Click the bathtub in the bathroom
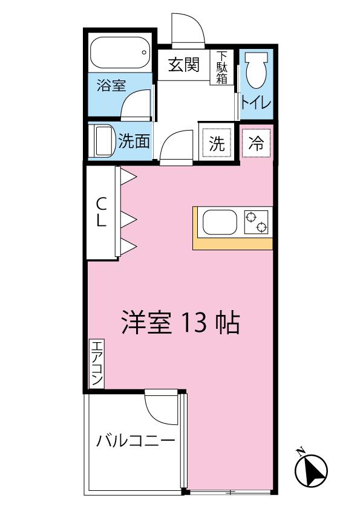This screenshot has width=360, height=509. [x=120, y=53]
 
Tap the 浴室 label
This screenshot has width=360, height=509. [x=111, y=85]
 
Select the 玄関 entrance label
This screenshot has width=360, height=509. [x=183, y=65]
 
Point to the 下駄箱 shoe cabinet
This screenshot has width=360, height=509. [x=222, y=67]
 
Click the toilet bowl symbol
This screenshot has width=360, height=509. [x=257, y=70]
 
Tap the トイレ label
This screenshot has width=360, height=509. [x=256, y=103]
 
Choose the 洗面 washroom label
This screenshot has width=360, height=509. [x=134, y=141]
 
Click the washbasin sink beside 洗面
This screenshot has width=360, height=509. [x=104, y=141]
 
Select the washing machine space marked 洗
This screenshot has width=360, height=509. [x=217, y=142]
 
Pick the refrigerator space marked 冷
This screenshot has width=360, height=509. [x=256, y=143]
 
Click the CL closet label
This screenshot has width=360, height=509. [x=102, y=212]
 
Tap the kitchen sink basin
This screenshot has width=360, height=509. [x=220, y=222]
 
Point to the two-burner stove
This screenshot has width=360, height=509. [x=257, y=222]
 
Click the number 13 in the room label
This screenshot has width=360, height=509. [x=194, y=323]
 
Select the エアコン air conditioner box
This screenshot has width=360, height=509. [x=97, y=363]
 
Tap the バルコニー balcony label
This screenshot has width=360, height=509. [x=136, y=441]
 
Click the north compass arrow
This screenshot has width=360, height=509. [x=311, y=471]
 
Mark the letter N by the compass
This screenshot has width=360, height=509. [x=300, y=451]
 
